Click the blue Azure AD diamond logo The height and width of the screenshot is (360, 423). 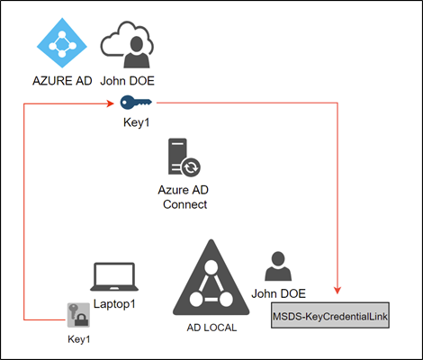[62, 43]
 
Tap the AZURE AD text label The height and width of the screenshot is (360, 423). [62, 81]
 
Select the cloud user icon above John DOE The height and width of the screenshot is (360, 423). [127, 44]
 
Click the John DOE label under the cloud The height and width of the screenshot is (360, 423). [127, 81]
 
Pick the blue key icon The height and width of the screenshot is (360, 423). [136, 103]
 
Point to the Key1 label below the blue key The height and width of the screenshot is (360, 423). [136, 122]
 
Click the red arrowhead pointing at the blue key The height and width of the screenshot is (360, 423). [111, 103]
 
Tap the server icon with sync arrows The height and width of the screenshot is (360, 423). [184, 157]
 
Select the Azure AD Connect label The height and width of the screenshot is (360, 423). [184, 197]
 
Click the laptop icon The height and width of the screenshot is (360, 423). [114, 276]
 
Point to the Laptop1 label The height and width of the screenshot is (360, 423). [114, 304]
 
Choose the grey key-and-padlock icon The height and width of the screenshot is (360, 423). [78, 315]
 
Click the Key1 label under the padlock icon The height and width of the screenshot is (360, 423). [78, 339]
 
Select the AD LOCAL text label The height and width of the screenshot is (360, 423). [211, 328]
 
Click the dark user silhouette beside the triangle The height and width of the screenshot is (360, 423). [278, 266]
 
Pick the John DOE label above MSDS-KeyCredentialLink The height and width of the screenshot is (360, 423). [278, 293]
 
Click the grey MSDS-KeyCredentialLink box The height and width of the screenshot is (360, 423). [330, 315]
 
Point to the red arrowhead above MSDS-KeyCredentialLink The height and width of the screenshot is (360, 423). [337, 290]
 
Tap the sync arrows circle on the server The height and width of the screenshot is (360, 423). [191, 167]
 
